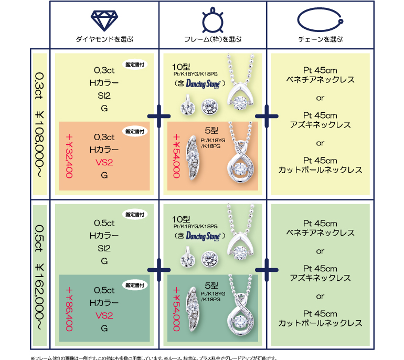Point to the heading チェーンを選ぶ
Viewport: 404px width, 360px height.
click(x=320, y=40)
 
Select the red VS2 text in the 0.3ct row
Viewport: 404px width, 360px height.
click(x=104, y=163)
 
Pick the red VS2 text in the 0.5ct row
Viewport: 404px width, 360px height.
click(x=104, y=316)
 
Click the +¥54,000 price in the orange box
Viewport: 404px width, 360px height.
click(x=177, y=156)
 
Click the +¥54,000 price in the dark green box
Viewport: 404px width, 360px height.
click(x=177, y=310)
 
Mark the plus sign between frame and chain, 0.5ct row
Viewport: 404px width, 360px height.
click(x=266, y=269)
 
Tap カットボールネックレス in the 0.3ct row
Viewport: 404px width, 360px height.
click(x=320, y=170)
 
